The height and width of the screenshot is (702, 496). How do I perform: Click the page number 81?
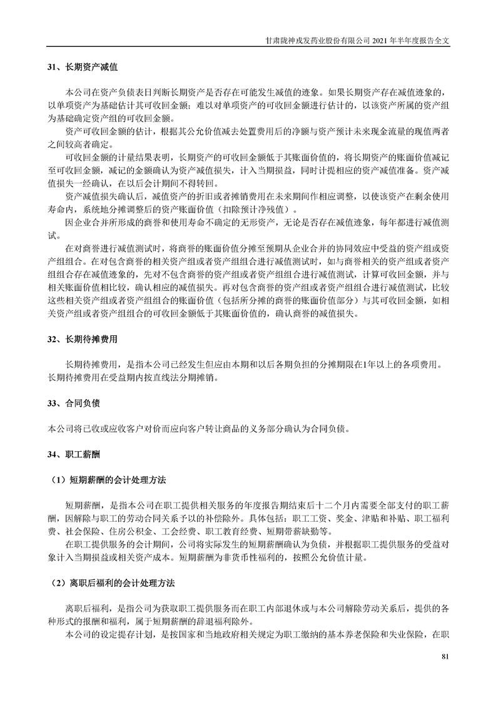click(x=445, y=656)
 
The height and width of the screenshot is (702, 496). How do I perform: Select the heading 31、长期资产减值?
click(x=83, y=66)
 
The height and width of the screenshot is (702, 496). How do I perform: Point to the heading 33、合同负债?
click(x=74, y=403)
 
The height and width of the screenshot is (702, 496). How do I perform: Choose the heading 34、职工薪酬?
click(x=74, y=454)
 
